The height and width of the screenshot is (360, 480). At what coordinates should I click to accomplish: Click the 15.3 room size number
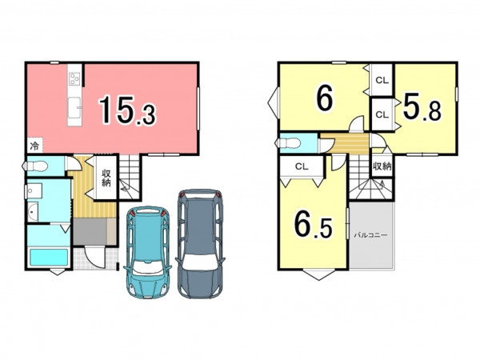(127, 110)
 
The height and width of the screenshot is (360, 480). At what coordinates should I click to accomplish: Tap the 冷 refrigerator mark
(34, 146)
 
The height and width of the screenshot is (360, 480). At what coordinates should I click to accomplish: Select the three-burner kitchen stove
(75, 78)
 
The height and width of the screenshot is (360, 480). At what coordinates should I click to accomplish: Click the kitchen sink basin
(74, 107)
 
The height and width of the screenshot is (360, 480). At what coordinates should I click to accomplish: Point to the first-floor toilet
(35, 166)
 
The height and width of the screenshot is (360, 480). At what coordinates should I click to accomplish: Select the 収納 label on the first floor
(106, 178)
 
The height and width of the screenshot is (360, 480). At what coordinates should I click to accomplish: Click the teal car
(147, 252)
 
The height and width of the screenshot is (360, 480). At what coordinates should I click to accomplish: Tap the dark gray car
(201, 243)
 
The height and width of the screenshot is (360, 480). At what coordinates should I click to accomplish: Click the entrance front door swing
(94, 258)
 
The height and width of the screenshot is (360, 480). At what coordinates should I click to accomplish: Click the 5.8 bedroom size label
(422, 107)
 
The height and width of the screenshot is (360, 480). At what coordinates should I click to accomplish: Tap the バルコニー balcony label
(370, 235)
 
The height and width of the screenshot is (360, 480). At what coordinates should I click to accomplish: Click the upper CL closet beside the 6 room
(382, 80)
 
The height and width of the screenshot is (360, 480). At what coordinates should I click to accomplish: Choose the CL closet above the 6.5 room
(302, 166)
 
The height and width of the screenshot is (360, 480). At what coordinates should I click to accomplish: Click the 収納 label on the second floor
(382, 166)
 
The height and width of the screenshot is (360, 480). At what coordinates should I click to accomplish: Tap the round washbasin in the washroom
(32, 211)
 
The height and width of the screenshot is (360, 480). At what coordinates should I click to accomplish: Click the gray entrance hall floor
(90, 231)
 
